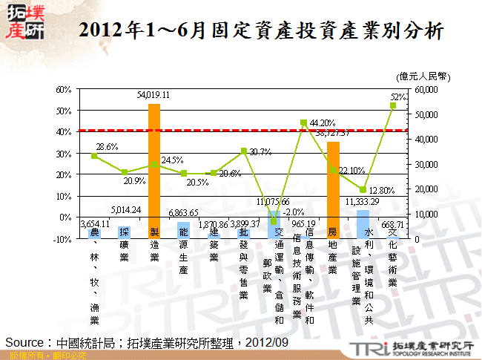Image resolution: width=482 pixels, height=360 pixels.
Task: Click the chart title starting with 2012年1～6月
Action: [x=261, y=32]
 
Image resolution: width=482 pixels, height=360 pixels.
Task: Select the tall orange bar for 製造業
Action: [x=154, y=171]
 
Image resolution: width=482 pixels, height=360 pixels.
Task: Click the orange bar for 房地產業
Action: [x=333, y=189]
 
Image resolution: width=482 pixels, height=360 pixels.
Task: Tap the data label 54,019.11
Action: [x=154, y=95]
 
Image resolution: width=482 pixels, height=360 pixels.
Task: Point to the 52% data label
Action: [x=397, y=96]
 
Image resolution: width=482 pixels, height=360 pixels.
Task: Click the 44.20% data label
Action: [x=323, y=123]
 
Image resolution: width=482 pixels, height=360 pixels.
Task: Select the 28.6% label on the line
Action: [x=107, y=147]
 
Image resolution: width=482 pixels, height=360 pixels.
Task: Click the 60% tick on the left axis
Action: [x=62, y=89]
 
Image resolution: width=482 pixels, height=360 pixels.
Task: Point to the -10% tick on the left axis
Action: [x=61, y=239]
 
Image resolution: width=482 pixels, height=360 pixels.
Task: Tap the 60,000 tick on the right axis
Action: [x=427, y=89]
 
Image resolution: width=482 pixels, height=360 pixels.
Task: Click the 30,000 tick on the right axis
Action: [x=427, y=164]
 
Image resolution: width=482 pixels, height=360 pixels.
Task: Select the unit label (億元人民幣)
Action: [x=423, y=75]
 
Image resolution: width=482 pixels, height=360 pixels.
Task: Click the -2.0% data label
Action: [x=293, y=212]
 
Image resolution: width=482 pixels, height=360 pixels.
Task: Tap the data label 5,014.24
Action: [x=124, y=209]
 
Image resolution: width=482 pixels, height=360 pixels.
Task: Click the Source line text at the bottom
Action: [x=147, y=342]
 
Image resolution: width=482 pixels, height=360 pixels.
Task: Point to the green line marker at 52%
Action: [x=393, y=105]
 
